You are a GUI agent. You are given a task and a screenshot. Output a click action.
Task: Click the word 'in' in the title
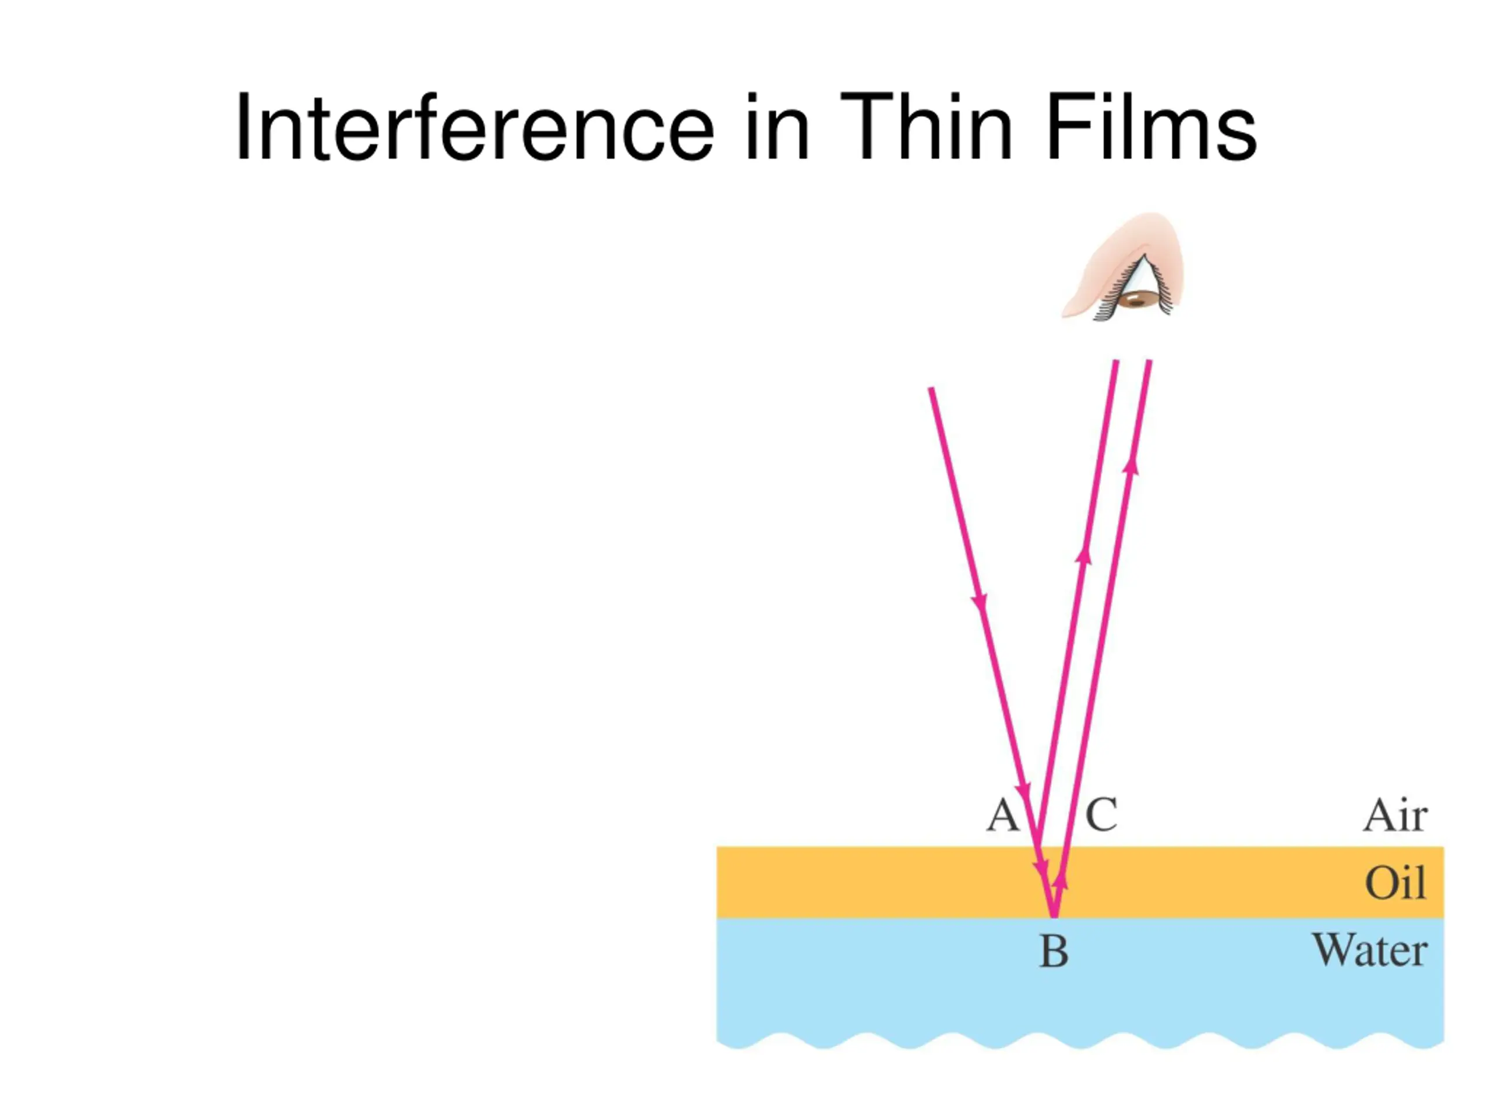(776, 128)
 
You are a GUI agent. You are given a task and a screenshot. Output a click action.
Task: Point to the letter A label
(1002, 815)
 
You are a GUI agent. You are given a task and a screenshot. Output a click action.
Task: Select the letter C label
(1101, 815)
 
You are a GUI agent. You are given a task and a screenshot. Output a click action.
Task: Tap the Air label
(1395, 815)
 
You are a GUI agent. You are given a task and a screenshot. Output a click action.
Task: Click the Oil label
(1395, 882)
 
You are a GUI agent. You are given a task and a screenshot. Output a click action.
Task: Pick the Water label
(1370, 950)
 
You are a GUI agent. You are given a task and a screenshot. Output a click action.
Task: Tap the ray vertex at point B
(1054, 917)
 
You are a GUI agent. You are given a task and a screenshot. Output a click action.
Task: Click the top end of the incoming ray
(931, 388)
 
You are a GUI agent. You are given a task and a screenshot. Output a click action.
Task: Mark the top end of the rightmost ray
(1149, 361)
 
